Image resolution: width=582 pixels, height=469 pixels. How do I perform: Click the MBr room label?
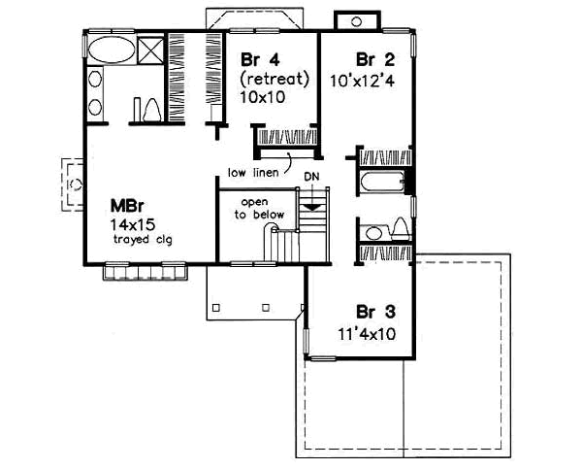tap(122, 206)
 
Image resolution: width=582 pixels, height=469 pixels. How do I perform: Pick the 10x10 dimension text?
tap(260, 96)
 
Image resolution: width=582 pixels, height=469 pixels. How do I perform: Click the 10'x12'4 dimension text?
tap(372, 77)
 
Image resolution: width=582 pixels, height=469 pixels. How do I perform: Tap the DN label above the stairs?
tap(311, 177)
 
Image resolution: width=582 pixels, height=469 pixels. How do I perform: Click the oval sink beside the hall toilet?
tap(373, 232)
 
